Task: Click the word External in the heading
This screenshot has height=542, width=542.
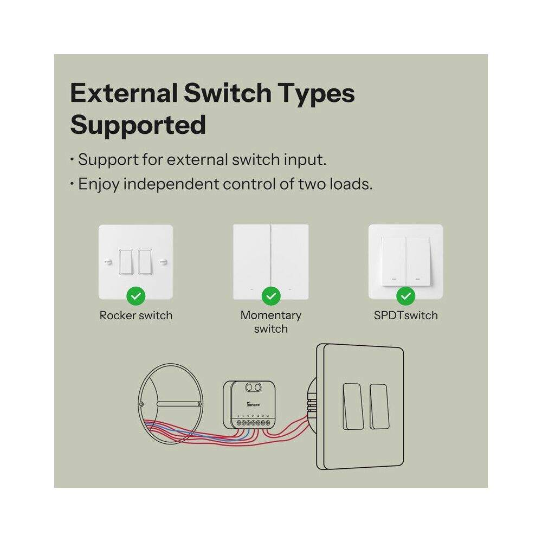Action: click(124, 93)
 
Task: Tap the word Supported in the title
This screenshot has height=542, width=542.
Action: click(138, 125)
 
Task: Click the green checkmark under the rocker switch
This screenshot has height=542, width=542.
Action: click(135, 296)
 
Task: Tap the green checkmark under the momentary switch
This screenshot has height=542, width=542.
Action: click(270, 296)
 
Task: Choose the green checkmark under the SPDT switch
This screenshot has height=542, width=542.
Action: click(405, 296)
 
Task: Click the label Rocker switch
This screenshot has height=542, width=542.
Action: click(135, 315)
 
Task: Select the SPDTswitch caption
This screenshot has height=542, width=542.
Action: click(405, 315)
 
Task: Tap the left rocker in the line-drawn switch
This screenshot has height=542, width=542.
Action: click(353, 406)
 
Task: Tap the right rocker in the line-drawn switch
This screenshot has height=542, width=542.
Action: click(379, 406)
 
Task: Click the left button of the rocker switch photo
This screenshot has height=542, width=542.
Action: click(126, 262)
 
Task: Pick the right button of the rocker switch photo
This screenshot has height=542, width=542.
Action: click(145, 262)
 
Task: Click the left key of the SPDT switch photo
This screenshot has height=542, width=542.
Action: click(393, 261)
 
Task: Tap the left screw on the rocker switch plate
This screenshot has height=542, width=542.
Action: click(108, 262)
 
